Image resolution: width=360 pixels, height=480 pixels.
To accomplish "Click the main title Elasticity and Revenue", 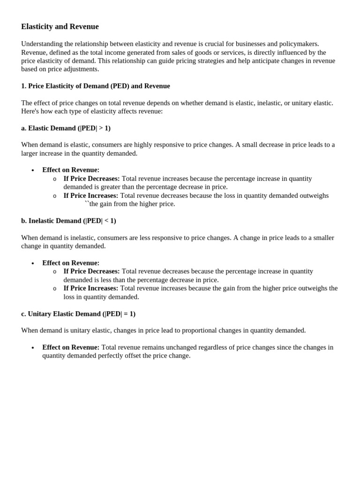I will [60, 27].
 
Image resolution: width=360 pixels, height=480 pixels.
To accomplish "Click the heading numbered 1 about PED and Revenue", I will [96, 86].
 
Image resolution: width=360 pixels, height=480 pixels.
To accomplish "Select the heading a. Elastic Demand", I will [66, 128].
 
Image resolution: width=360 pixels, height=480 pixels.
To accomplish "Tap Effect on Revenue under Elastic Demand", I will [71, 170].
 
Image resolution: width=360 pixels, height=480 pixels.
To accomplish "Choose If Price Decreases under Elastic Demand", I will [92, 179].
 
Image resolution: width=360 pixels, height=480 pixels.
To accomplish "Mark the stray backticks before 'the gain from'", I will [87, 203].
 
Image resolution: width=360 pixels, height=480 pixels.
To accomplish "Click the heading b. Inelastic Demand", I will [68, 221].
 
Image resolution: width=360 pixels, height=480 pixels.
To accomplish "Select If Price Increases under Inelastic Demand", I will [91, 288].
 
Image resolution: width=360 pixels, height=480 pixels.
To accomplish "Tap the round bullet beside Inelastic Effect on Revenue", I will [33, 263].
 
